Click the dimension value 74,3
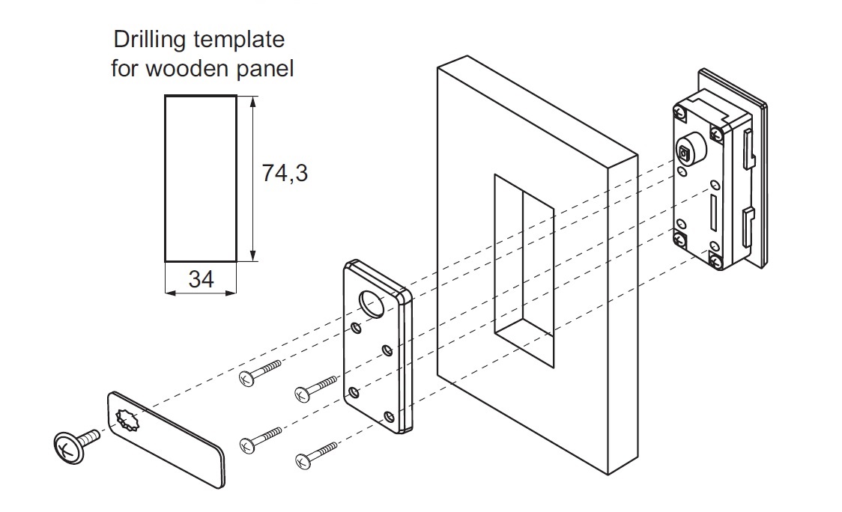tap(285, 173)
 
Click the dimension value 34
tap(202, 280)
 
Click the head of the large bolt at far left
tap(65, 447)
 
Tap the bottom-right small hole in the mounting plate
tap(388, 416)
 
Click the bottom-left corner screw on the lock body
tap(680, 241)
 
